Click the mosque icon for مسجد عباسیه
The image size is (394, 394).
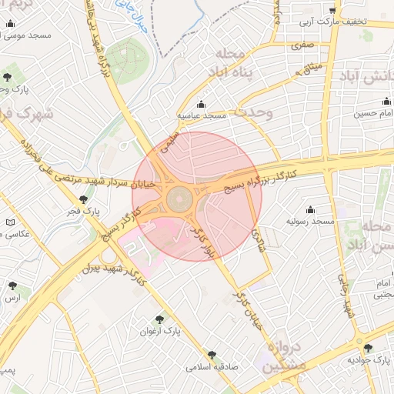tap(202, 104)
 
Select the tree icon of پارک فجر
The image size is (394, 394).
tap(83, 199)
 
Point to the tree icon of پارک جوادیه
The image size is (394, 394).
tap(367, 348)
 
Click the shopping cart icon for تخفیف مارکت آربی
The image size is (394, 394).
tap(332, 11)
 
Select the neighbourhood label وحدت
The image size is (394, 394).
tap(253, 112)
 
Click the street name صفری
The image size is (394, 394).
tap(302, 47)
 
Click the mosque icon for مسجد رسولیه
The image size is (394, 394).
tap(310, 209)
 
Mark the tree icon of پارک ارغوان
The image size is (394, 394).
tap(159, 319)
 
